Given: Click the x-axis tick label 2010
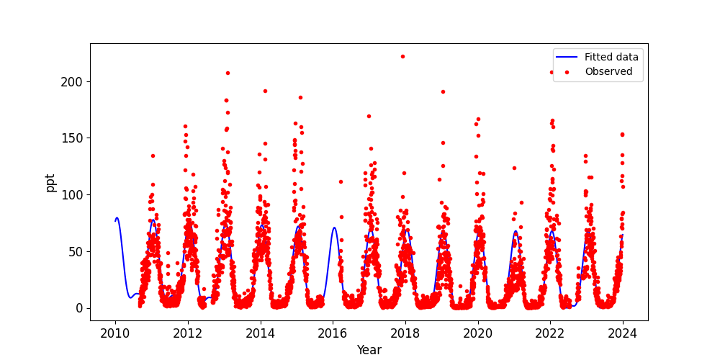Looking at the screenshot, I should [x=115, y=333].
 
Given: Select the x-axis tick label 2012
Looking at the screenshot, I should [x=188, y=333].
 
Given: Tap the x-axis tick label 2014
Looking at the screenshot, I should [x=261, y=333].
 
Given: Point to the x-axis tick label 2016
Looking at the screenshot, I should [x=333, y=333].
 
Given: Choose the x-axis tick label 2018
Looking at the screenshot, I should [x=405, y=333].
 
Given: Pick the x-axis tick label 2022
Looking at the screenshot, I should [x=550, y=333].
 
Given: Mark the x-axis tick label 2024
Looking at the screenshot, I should [x=623, y=333].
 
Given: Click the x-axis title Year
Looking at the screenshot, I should [x=369, y=350].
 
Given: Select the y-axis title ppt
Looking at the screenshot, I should [x=50, y=181].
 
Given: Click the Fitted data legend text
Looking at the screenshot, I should [x=611, y=58].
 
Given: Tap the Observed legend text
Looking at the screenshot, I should [x=608, y=71].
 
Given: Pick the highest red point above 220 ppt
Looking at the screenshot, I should [x=402, y=56].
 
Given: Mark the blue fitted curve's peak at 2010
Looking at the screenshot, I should [x=117, y=217].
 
